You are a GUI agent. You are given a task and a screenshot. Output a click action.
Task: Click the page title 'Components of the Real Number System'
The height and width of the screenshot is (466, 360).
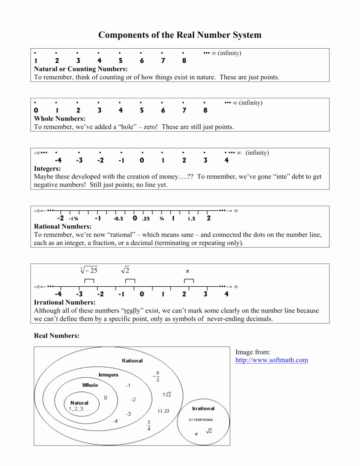180,35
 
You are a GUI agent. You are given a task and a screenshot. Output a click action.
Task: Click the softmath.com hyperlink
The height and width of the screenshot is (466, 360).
271,360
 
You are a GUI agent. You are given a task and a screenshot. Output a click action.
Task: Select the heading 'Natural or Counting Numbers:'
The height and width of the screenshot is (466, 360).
81,69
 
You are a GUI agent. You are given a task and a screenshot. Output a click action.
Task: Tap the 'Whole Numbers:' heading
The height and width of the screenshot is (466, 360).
60,119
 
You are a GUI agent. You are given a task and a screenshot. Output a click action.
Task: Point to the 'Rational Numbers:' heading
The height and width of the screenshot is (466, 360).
63,227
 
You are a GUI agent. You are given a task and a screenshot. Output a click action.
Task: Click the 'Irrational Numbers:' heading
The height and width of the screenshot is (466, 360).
65,303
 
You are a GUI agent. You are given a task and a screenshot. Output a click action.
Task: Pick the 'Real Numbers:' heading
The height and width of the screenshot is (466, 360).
57,336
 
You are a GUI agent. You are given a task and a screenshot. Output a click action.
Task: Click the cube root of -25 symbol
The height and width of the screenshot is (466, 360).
89,270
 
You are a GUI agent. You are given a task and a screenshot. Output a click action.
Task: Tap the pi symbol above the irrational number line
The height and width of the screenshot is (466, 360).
187,271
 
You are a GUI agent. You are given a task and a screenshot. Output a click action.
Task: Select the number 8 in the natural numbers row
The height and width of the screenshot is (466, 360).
184,61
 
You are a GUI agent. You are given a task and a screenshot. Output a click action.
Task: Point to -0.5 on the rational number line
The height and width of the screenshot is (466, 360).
118,219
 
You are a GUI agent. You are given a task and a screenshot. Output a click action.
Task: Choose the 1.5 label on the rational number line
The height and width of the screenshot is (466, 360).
191,219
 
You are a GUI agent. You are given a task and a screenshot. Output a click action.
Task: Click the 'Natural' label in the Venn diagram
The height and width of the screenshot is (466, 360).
80,403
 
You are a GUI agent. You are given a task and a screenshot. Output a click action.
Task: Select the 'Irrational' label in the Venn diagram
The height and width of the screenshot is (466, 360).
203,409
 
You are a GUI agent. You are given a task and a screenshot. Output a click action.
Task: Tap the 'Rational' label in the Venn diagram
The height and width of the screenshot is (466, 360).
132,361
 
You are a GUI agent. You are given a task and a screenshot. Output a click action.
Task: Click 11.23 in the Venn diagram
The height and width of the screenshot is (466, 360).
163,411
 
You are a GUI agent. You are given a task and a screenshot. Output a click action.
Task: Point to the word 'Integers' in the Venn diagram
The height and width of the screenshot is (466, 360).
108,375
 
